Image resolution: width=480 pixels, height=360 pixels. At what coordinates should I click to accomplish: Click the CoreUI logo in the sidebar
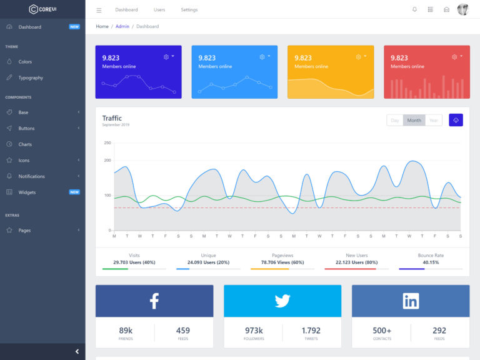pyautogui.click(x=42, y=9)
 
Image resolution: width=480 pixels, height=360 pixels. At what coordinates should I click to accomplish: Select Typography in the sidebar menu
pyautogui.click(x=31, y=78)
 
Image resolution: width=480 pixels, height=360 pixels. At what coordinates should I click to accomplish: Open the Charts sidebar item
pyautogui.click(x=25, y=144)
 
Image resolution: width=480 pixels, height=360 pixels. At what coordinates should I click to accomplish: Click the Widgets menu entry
pyautogui.click(x=27, y=192)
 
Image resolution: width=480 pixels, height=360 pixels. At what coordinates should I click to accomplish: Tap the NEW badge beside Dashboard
pyautogui.click(x=74, y=27)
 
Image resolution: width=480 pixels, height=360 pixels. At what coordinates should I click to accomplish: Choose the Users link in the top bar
pyautogui.click(x=159, y=10)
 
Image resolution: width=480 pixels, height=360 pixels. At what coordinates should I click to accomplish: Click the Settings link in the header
pyautogui.click(x=189, y=10)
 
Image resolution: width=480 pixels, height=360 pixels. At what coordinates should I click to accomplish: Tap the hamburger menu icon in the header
pyautogui.click(x=99, y=10)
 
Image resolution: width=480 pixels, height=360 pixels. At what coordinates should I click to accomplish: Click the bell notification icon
pyautogui.click(x=414, y=9)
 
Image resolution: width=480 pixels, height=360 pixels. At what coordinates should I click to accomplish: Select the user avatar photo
pyautogui.click(x=462, y=9)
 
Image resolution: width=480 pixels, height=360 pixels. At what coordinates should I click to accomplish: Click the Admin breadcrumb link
pyautogui.click(x=122, y=26)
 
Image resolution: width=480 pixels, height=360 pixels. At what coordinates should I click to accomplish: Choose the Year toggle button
pyautogui.click(x=434, y=120)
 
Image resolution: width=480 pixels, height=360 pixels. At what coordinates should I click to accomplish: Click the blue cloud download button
pyautogui.click(x=456, y=120)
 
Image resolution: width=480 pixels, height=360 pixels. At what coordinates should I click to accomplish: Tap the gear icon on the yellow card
pyautogui.click(x=359, y=57)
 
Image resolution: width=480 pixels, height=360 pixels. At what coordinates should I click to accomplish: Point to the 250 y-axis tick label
pyautogui.click(x=107, y=143)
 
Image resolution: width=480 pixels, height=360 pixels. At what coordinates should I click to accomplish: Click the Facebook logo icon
pyautogui.click(x=154, y=301)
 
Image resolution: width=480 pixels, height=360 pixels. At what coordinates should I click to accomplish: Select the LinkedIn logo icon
pyautogui.click(x=411, y=301)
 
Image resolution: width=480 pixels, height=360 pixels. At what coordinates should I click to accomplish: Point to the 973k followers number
pyautogui.click(x=254, y=331)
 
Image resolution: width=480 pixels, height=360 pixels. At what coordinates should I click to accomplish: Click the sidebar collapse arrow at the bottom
pyautogui.click(x=77, y=351)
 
